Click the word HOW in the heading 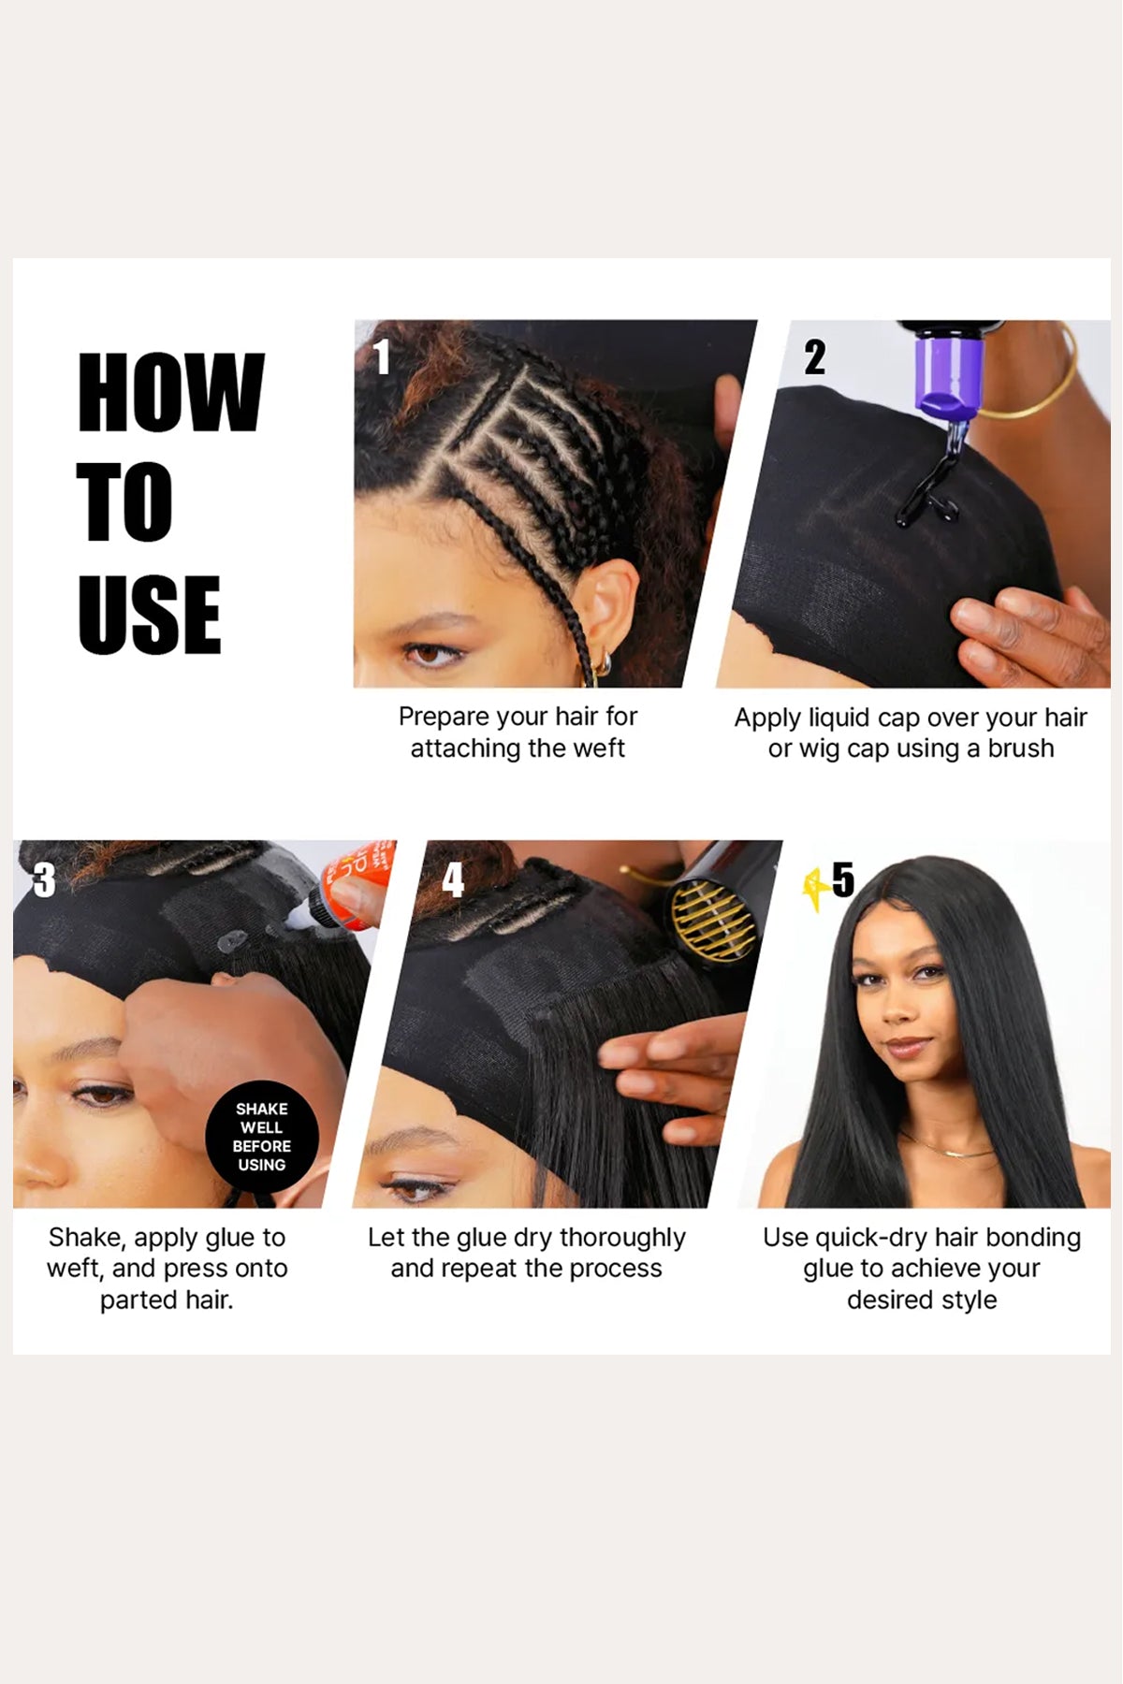(171, 393)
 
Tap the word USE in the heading (150, 614)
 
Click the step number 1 (382, 356)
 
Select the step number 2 (815, 356)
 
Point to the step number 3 (44, 879)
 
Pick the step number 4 (453, 879)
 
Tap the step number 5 (843, 879)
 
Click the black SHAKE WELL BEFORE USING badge (262, 1137)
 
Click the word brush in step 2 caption (1019, 748)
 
